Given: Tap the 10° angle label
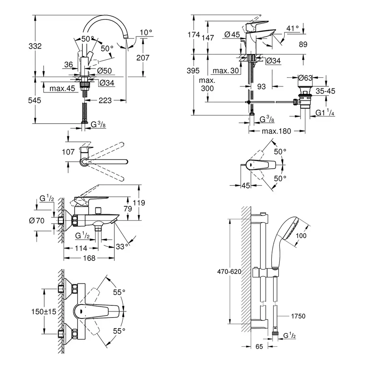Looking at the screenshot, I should [146, 32].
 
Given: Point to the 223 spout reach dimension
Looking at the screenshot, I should [105, 101].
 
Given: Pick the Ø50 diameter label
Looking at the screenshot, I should [105, 71].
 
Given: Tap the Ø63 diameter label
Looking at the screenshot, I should [305, 77].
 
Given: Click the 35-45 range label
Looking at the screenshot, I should [326, 91].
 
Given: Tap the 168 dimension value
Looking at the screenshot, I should [89, 258].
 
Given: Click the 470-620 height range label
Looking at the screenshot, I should [230, 272].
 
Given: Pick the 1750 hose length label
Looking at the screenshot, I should [298, 316].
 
